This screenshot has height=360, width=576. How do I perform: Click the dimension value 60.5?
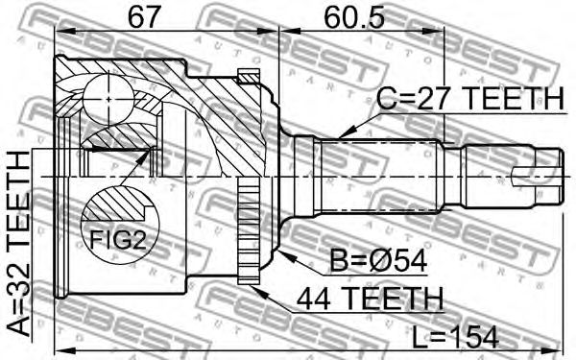pyautogui.click(x=353, y=17)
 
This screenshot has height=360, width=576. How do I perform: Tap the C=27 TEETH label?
pyautogui.click(x=471, y=99)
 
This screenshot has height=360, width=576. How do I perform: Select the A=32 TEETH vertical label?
pyautogui.click(x=18, y=244)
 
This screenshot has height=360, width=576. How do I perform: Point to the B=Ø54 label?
pyautogui.click(x=378, y=260)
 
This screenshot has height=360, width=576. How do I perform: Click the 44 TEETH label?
pyautogui.click(x=371, y=299)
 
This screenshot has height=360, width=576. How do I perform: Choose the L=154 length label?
pyautogui.click(x=455, y=338)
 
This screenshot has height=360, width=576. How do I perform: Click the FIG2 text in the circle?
pyautogui.click(x=118, y=241)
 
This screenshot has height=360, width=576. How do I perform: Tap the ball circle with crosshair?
pyautogui.click(x=109, y=99)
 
